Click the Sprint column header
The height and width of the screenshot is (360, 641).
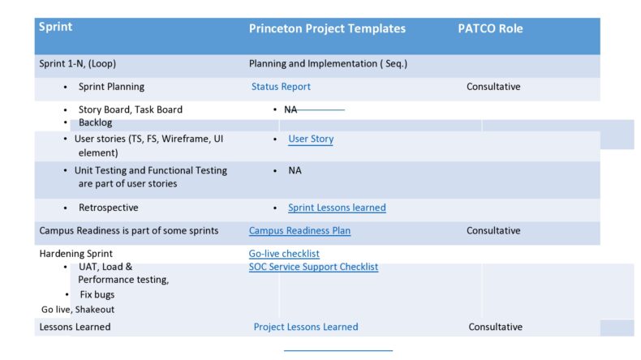pyautogui.click(x=56, y=28)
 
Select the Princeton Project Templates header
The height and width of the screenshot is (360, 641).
pyautogui.click(x=327, y=28)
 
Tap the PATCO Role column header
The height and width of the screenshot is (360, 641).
pyautogui.click(x=490, y=28)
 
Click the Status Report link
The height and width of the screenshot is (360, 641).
pyautogui.click(x=281, y=87)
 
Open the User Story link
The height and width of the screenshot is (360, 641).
pyautogui.click(x=311, y=139)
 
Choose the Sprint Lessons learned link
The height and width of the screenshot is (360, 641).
pyautogui.click(x=337, y=208)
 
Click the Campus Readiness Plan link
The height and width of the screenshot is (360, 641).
pyautogui.click(x=299, y=230)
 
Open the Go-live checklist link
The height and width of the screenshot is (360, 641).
pyautogui.click(x=284, y=254)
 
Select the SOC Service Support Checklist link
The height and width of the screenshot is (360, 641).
pyautogui.click(x=313, y=267)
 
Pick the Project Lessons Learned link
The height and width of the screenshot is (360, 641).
pyautogui.click(x=306, y=327)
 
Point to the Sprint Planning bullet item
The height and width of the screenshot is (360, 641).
pyautogui.click(x=112, y=87)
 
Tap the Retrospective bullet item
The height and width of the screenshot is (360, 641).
pyautogui.click(x=108, y=208)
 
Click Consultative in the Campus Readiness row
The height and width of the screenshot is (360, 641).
pyautogui.click(x=493, y=230)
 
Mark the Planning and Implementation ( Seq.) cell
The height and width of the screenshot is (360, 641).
pyautogui.click(x=328, y=63)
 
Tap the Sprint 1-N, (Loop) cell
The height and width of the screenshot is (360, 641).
pyautogui.click(x=81, y=63)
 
